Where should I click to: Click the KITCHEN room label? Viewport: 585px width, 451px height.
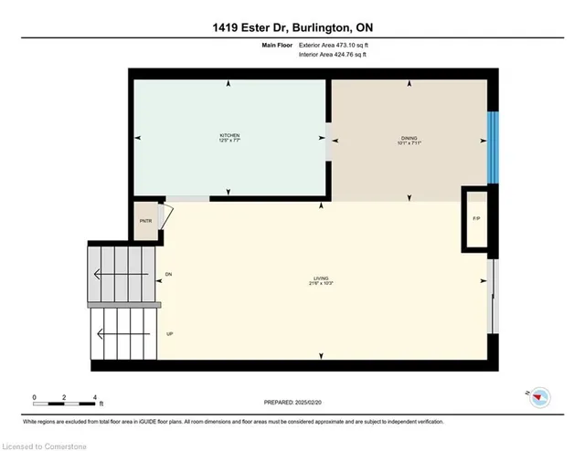point(229,134)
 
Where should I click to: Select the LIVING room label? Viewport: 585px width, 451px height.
point(320,278)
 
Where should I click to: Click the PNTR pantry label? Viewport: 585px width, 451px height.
point(144,221)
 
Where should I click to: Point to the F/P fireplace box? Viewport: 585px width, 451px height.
point(476,219)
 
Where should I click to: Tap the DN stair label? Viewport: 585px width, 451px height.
point(168,275)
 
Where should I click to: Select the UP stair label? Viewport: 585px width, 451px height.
point(170,333)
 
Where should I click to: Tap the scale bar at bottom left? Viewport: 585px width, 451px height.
point(64,398)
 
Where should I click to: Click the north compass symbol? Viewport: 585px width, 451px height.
point(540,395)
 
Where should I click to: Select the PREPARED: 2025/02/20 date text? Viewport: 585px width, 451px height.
point(292,402)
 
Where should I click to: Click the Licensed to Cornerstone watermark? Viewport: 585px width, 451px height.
point(46,444)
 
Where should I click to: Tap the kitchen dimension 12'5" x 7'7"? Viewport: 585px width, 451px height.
point(229,140)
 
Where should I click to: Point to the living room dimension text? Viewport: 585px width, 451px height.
point(320,284)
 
